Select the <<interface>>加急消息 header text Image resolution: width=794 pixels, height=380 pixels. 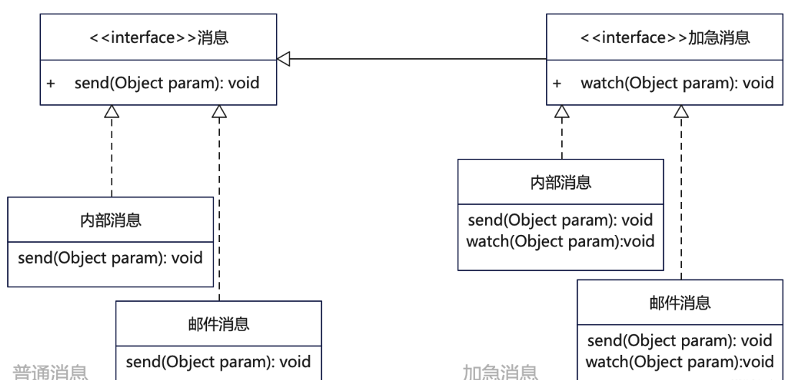664,38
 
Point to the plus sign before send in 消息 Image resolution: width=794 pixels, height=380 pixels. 51,83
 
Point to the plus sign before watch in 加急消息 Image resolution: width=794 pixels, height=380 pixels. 558,83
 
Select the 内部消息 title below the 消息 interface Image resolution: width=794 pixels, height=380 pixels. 111,220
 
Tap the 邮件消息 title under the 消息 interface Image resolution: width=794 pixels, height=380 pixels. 218,325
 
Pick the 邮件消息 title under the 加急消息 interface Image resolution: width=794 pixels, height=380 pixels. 680,302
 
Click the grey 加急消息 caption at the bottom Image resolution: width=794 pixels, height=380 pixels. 501,373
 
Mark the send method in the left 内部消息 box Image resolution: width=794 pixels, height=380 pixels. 111,257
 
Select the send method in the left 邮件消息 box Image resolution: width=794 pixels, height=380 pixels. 218,361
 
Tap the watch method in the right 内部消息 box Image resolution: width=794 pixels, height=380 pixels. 560,241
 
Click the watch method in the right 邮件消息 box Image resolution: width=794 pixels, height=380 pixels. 680,361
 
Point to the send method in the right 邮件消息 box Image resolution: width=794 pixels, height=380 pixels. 680,340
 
